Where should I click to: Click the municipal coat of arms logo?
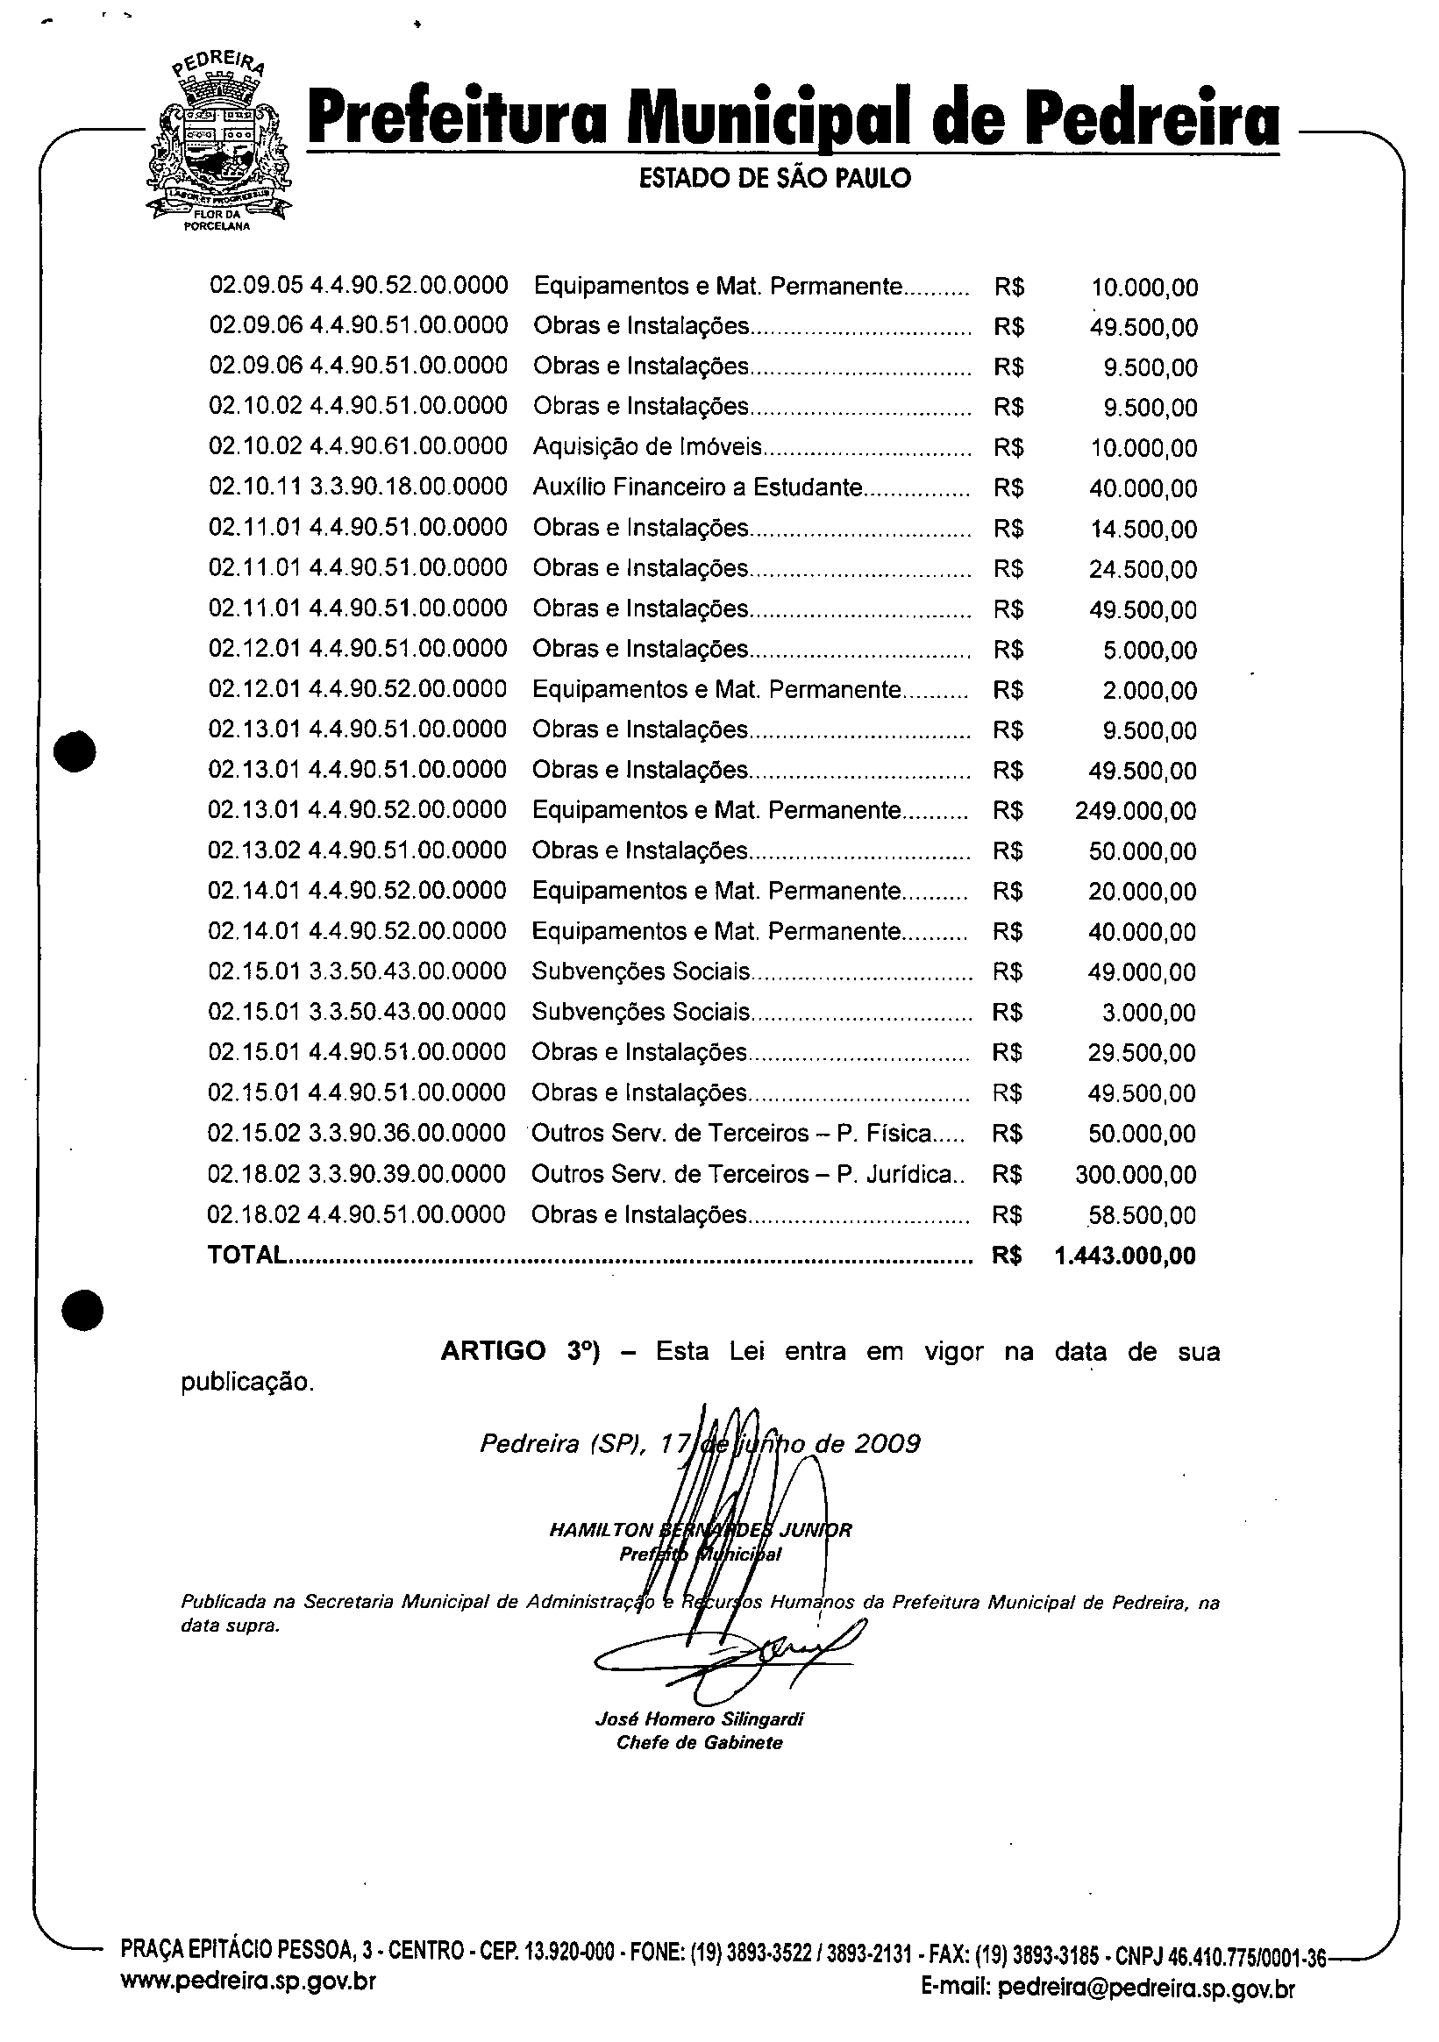tap(217, 142)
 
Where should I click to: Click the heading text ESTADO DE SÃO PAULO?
tap(774, 179)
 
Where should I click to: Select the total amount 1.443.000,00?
tap(1124, 1256)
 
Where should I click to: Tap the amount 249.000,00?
tap(1136, 811)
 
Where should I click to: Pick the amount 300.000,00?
tap(1136, 1175)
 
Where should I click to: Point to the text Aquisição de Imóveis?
tap(647, 446)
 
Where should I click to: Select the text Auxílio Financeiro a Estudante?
tap(697, 487)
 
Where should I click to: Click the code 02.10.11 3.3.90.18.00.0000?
tap(358, 487)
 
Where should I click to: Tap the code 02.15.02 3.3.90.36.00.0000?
tap(356, 1133)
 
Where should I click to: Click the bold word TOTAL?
tap(246, 1255)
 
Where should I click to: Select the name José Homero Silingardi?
tap(699, 1719)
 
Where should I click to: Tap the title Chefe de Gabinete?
tap(699, 1742)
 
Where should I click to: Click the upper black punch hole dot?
tap(75, 751)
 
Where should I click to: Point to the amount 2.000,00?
tap(1150, 690)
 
